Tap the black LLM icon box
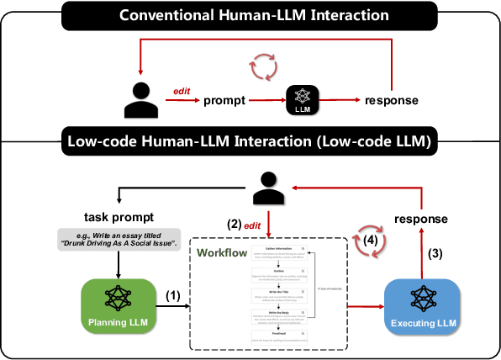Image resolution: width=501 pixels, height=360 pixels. tap(303, 99)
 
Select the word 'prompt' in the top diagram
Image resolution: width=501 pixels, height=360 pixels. tap(224, 101)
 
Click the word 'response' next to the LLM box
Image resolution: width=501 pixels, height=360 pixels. tap(392, 101)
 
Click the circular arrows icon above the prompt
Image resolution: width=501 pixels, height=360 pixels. tap(263, 66)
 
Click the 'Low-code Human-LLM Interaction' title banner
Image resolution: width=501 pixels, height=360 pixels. tap(250, 141)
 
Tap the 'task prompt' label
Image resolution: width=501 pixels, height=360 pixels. tap(118, 214)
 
